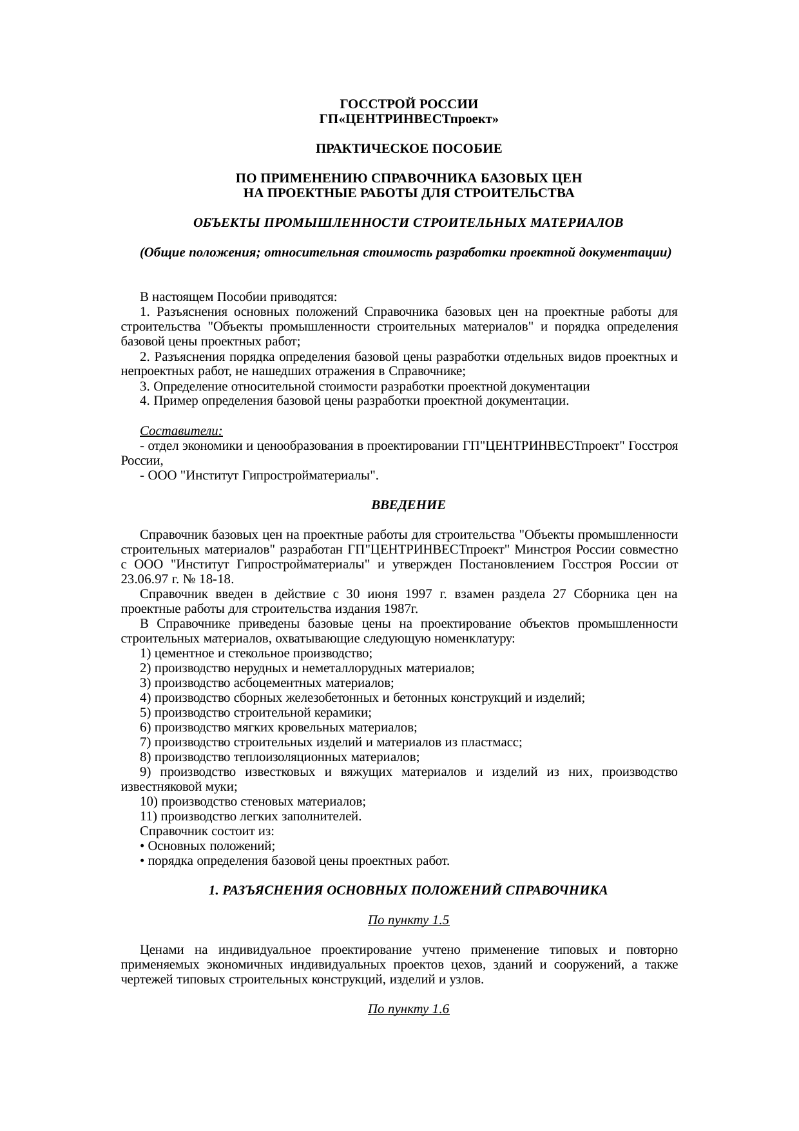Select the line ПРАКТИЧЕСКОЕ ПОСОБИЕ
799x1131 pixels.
pyautogui.click(x=409, y=149)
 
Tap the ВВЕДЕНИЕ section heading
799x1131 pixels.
pyautogui.click(x=409, y=505)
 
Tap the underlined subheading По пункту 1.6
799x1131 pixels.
pyautogui.click(x=408, y=1009)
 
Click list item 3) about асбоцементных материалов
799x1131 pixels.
pyautogui.click(x=267, y=682)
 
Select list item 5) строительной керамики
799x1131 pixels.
pyautogui.click(x=256, y=712)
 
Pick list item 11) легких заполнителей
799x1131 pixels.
pyautogui.click(x=251, y=817)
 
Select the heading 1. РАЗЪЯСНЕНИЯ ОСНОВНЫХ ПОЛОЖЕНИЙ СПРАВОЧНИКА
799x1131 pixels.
pyautogui.click(x=408, y=891)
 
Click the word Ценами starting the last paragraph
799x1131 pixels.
pyautogui.click(x=162, y=950)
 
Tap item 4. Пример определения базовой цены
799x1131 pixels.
pyautogui.click(x=354, y=401)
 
